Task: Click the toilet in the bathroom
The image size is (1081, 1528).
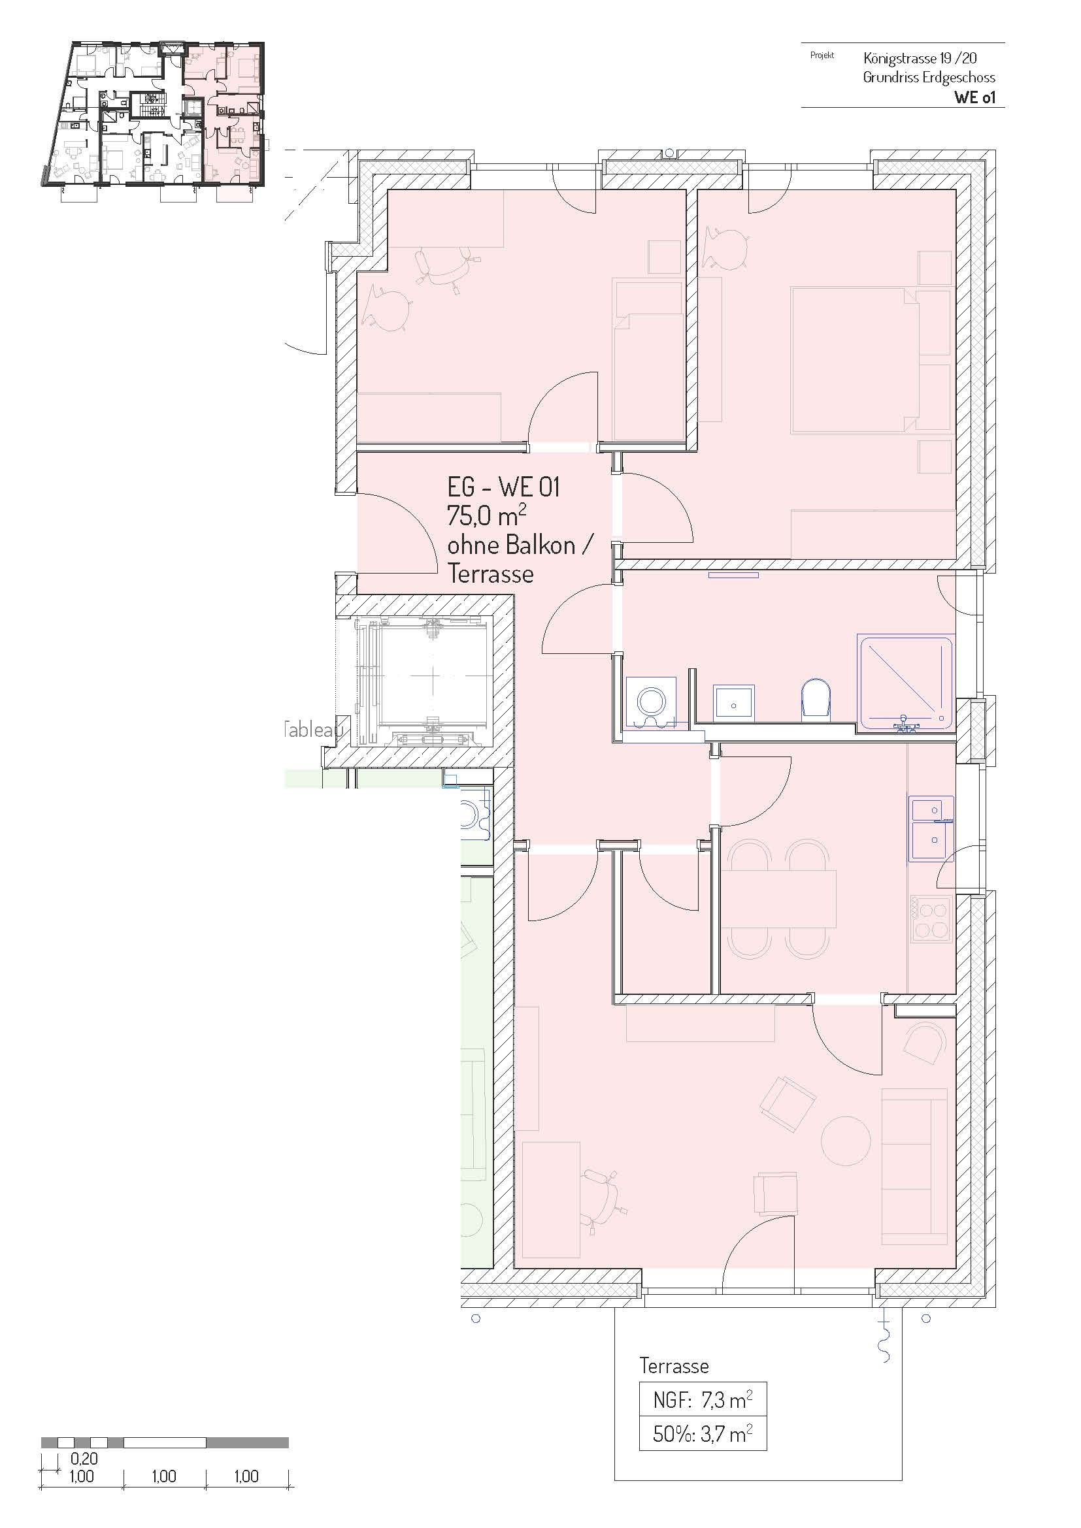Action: click(x=816, y=699)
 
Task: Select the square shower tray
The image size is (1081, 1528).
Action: click(x=906, y=683)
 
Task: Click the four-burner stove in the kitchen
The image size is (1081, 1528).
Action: click(x=931, y=920)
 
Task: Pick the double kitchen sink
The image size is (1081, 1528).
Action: click(x=931, y=828)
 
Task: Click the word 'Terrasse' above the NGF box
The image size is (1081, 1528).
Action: click(x=674, y=1365)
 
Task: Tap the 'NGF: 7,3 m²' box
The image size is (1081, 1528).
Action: click(x=702, y=1400)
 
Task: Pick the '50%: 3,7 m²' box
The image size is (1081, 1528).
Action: click(x=702, y=1433)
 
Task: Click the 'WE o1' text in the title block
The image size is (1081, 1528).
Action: click(x=974, y=97)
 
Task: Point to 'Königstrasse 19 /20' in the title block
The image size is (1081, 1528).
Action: click(x=920, y=58)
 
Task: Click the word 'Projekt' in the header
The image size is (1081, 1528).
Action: click(x=822, y=56)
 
